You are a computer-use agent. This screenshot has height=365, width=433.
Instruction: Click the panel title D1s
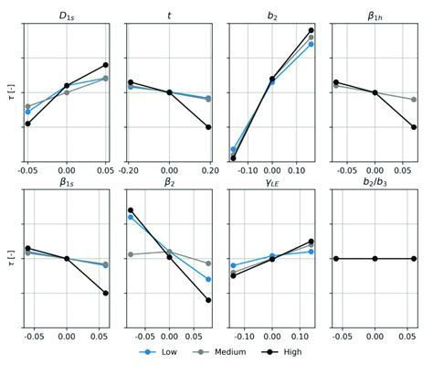(x=67, y=16)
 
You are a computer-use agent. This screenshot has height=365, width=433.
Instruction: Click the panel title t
(x=169, y=16)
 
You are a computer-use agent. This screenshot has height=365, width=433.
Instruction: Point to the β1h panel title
(x=375, y=16)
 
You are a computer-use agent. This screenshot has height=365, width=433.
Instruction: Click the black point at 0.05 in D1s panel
(x=105, y=65)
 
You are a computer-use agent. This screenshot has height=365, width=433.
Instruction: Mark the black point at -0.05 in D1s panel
(x=27, y=123)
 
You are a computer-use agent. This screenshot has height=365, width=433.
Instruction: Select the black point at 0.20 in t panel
(x=208, y=127)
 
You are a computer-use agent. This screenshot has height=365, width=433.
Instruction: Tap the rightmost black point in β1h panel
(x=414, y=127)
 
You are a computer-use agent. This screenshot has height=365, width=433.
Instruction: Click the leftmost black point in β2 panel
(x=131, y=209)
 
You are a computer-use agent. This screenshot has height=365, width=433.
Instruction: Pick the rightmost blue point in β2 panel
(x=208, y=279)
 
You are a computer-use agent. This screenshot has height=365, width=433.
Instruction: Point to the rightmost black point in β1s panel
(x=105, y=293)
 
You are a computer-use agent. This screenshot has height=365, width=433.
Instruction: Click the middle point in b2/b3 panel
(x=375, y=259)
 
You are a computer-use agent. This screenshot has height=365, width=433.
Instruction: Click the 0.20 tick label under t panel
(x=208, y=171)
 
